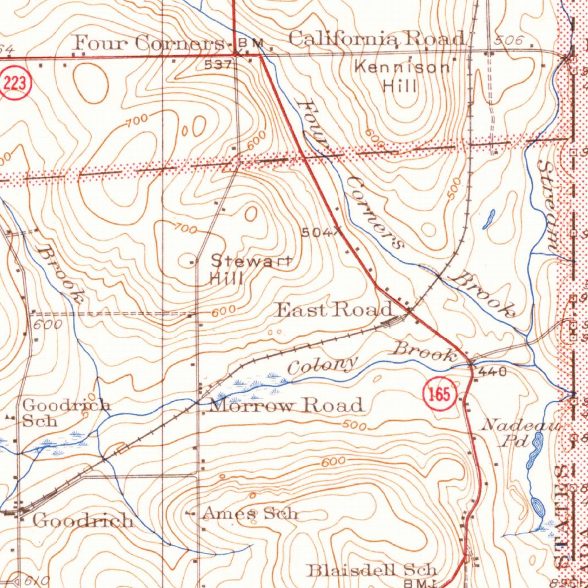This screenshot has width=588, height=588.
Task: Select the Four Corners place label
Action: (x=149, y=43)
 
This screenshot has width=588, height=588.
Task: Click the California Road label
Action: (x=376, y=38)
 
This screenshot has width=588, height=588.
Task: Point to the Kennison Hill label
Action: (x=401, y=76)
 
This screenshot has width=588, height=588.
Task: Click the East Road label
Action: (x=334, y=310)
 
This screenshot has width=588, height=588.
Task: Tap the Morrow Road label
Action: (x=287, y=405)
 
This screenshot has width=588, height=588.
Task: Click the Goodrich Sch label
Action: (x=65, y=412)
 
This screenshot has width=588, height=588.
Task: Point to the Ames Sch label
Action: (x=250, y=513)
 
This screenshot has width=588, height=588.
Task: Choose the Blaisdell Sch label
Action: (x=372, y=570)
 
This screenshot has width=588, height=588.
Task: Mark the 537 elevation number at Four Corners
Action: (x=218, y=65)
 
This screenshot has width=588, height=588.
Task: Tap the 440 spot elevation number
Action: (x=492, y=372)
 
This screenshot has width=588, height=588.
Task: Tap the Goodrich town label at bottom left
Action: (x=83, y=521)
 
